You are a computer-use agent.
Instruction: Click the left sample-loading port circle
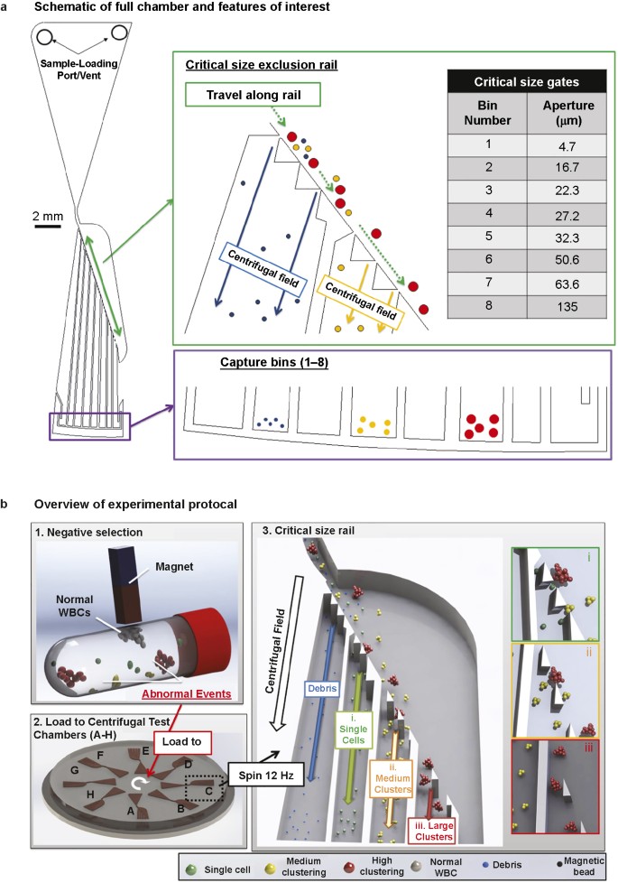click(45, 39)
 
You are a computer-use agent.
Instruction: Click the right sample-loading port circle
click(118, 33)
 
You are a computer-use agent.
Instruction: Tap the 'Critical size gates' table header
click(517, 83)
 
